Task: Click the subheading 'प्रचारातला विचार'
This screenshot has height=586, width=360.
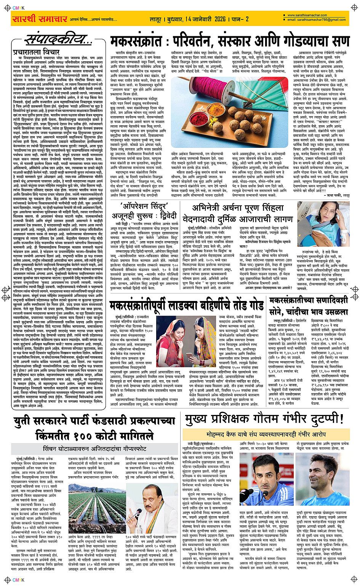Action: tap(30, 52)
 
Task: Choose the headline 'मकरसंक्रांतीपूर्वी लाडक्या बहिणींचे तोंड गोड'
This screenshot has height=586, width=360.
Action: tap(187, 305)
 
